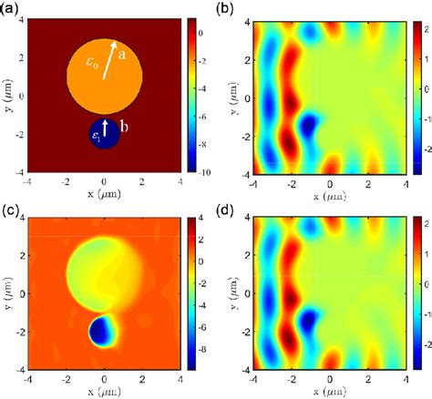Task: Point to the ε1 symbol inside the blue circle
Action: (x=95, y=137)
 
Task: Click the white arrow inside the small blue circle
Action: (x=105, y=127)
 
